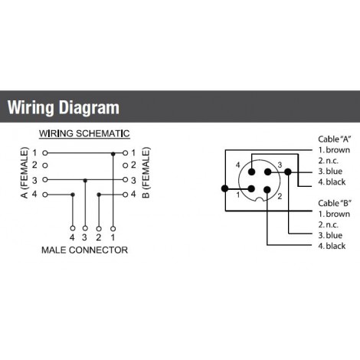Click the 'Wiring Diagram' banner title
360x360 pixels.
coord(64,107)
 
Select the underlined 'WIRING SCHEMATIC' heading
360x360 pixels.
coord(84,133)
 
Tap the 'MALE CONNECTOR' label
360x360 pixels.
coord(85,250)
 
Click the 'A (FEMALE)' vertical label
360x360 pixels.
coord(24,172)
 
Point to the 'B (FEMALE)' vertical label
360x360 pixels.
coord(146,172)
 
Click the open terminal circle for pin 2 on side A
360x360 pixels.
coord(45,165)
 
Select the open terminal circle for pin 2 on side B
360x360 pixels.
coord(125,165)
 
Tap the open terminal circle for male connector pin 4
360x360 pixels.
coord(73,228)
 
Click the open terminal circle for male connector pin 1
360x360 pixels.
coord(113,228)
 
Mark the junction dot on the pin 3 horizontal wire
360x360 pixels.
coord(85,181)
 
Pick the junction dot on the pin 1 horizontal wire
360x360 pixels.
coord(113,154)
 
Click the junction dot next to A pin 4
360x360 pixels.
coord(73,195)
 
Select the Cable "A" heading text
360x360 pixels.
coord(335,139)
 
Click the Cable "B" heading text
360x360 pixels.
coord(335,203)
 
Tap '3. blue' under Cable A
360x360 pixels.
coord(330,172)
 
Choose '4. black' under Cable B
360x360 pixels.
coord(332,246)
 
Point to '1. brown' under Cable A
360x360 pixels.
coord(334,150)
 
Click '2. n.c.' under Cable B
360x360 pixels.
coord(328,224)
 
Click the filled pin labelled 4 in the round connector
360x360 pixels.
coord(252,172)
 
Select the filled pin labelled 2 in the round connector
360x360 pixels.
coord(267,189)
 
